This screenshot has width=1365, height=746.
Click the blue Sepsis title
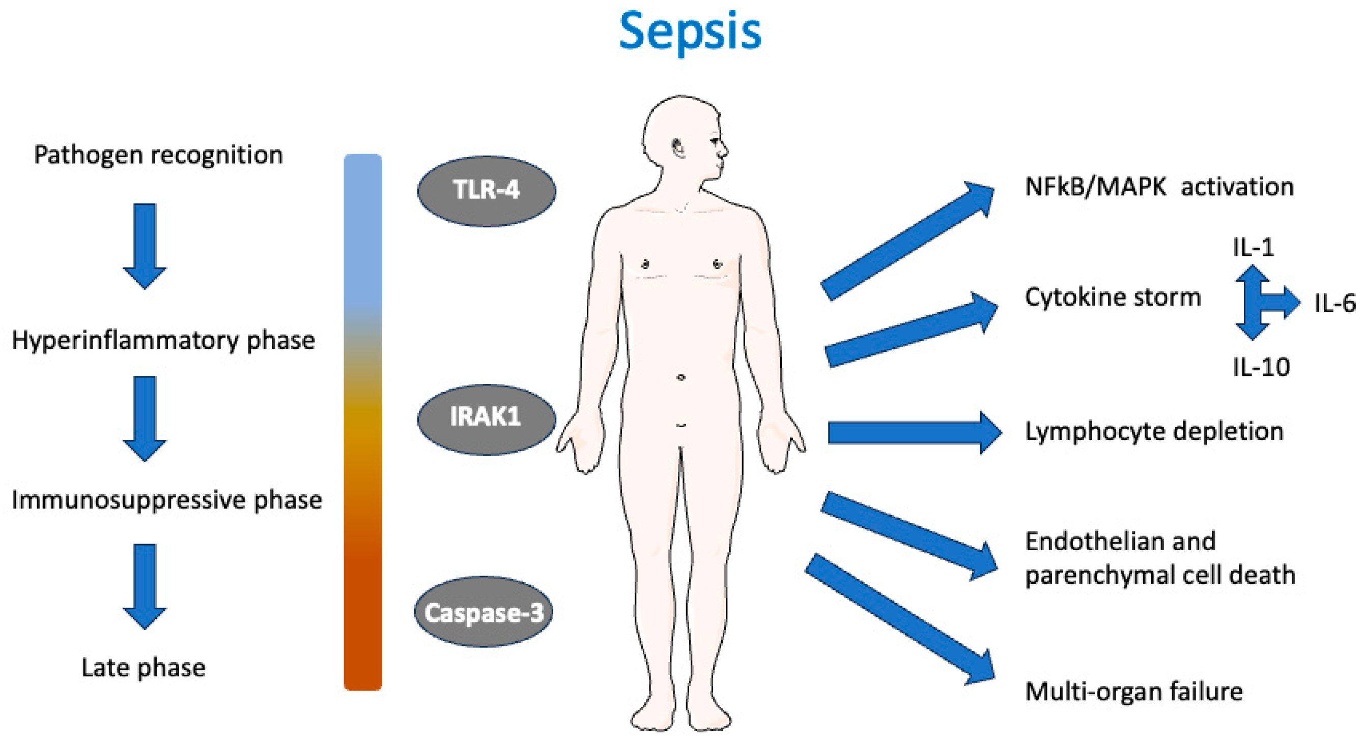[690, 32]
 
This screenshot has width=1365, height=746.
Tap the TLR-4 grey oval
[487, 191]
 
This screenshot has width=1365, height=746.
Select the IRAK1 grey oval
[487, 419]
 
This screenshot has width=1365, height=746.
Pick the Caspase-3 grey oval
[484, 612]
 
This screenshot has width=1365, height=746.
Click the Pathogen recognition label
[158, 155]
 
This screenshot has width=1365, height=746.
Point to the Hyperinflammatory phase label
[163, 340]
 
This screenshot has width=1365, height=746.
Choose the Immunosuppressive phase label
[166, 500]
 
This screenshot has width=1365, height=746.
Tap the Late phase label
[143, 668]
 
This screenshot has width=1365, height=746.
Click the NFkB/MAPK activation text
[1159, 187]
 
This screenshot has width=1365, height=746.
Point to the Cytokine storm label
[1113, 297]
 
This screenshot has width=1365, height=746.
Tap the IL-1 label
[1253, 247]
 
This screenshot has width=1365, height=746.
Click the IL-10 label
[1261, 367]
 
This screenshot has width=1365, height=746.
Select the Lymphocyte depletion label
[1154, 432]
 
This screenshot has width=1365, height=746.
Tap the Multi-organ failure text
[1134, 692]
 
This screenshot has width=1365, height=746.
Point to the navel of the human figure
[681, 377]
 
